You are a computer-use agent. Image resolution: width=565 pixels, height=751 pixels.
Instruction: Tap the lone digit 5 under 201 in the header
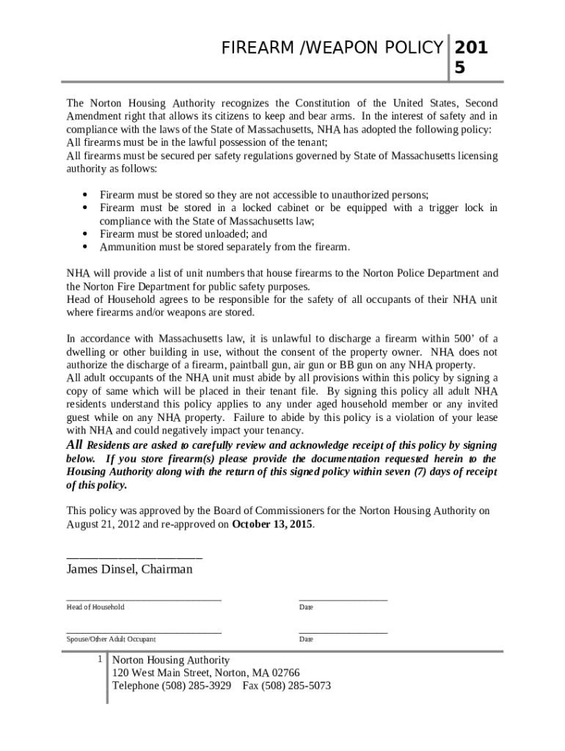tap(460, 68)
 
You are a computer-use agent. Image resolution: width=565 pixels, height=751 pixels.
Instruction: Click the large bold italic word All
tap(75, 445)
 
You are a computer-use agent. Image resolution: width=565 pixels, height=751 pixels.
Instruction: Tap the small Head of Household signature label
tap(95, 607)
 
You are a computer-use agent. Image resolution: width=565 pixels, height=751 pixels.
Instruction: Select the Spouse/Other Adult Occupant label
tap(111, 640)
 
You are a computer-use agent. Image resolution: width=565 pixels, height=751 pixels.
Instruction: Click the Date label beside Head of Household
tap(306, 607)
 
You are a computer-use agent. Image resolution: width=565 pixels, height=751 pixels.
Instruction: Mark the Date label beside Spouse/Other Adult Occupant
tap(306, 640)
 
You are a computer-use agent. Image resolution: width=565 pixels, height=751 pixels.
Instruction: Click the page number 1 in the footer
tap(99, 659)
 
